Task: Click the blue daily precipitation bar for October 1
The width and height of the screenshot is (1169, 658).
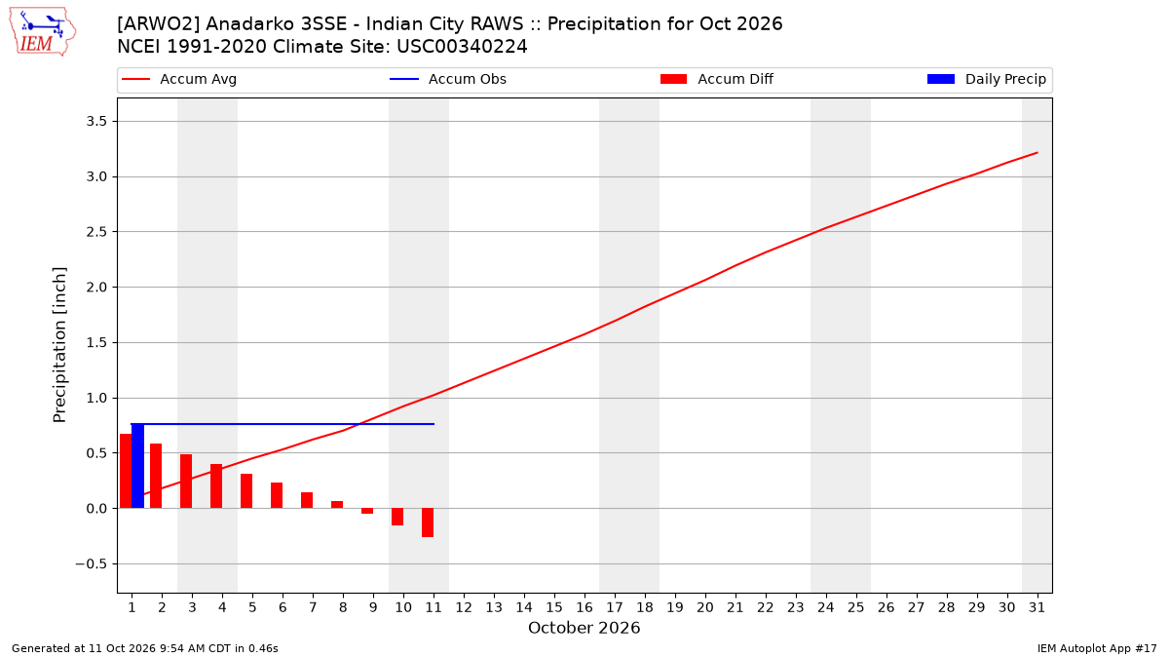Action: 137,466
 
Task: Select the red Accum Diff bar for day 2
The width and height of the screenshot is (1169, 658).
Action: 156,476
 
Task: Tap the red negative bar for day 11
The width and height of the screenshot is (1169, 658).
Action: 428,523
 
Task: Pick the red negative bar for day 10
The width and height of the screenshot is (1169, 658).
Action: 397,517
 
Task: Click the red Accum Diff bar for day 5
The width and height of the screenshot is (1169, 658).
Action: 246,491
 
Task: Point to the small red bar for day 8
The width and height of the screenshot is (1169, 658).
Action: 337,505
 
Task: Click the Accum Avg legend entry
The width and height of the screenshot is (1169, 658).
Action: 179,79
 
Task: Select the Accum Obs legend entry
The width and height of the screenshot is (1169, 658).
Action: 448,79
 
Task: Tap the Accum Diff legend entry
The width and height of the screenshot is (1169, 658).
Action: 717,79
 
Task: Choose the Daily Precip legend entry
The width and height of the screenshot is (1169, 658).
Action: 986,79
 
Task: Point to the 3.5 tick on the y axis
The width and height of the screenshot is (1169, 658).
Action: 96,122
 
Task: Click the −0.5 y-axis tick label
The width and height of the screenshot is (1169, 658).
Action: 92,564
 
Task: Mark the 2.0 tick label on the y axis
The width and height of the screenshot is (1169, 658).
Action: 96,288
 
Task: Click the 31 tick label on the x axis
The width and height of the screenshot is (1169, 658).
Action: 1037,607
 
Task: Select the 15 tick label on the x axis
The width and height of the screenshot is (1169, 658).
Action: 554,607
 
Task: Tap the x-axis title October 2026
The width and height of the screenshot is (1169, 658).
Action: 584,628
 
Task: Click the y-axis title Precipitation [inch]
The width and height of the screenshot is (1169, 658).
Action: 60,345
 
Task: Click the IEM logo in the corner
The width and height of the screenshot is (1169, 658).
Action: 43,32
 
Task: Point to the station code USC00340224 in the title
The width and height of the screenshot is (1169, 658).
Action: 462,47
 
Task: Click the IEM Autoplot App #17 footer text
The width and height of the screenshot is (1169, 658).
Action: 1097,648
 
